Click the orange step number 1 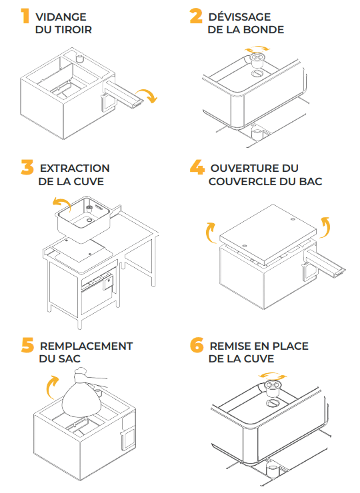[x=25, y=16]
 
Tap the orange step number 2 [x=196, y=16]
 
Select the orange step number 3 [x=27, y=167]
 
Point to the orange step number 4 [x=197, y=167]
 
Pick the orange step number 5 [x=28, y=345]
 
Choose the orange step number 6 [x=197, y=345]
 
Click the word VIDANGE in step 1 [x=61, y=17]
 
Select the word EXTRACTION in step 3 [x=75, y=168]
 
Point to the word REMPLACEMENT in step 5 [x=86, y=346]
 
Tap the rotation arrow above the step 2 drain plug [x=258, y=49]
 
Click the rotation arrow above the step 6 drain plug [x=273, y=376]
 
